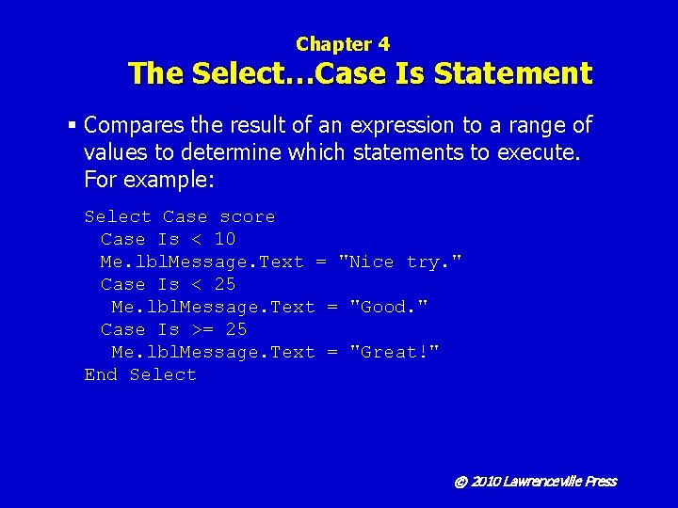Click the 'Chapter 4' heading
tap(342, 44)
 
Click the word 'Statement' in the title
tap(516, 73)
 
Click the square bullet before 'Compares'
tap(72, 125)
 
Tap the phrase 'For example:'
tap(142, 179)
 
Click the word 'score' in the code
tap(248, 217)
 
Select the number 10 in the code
tap(225, 240)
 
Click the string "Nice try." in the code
tap(400, 262)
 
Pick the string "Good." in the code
tap(389, 308)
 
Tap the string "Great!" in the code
tap(395, 353)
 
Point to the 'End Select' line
tap(140, 375)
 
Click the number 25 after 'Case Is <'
tap(225, 285)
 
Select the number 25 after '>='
tap(236, 330)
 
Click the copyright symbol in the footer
tap(460, 482)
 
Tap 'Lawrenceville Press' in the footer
tap(559, 482)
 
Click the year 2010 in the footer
tap(485, 482)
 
